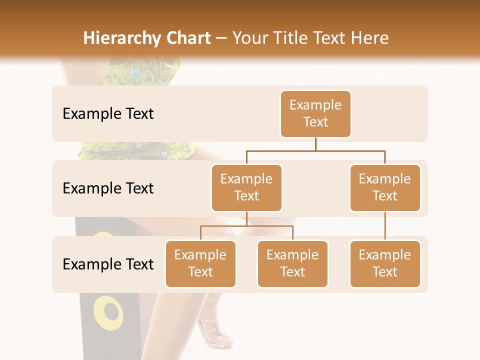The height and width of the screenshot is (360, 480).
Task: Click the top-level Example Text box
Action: tap(315, 114)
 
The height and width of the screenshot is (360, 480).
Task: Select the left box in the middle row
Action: tap(246, 188)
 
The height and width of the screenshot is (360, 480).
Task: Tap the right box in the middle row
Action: tap(385, 188)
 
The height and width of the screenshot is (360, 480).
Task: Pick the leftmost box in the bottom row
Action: tap(200, 264)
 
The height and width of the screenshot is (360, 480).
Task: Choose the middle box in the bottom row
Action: tap(292, 264)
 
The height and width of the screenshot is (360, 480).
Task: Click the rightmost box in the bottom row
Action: tap(385, 264)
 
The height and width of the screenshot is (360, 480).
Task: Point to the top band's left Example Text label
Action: tap(108, 114)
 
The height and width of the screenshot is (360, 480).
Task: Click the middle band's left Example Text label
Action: tap(108, 188)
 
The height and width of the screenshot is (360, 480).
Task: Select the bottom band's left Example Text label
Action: tap(108, 264)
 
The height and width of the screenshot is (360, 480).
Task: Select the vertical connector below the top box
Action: tap(315, 144)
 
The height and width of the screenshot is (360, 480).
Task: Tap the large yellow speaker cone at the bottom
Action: tap(108, 313)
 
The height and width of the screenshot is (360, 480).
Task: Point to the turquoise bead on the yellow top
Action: tap(135, 74)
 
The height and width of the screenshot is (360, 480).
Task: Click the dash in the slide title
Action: tap(221, 38)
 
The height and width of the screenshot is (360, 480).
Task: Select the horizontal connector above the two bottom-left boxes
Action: tap(246, 226)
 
